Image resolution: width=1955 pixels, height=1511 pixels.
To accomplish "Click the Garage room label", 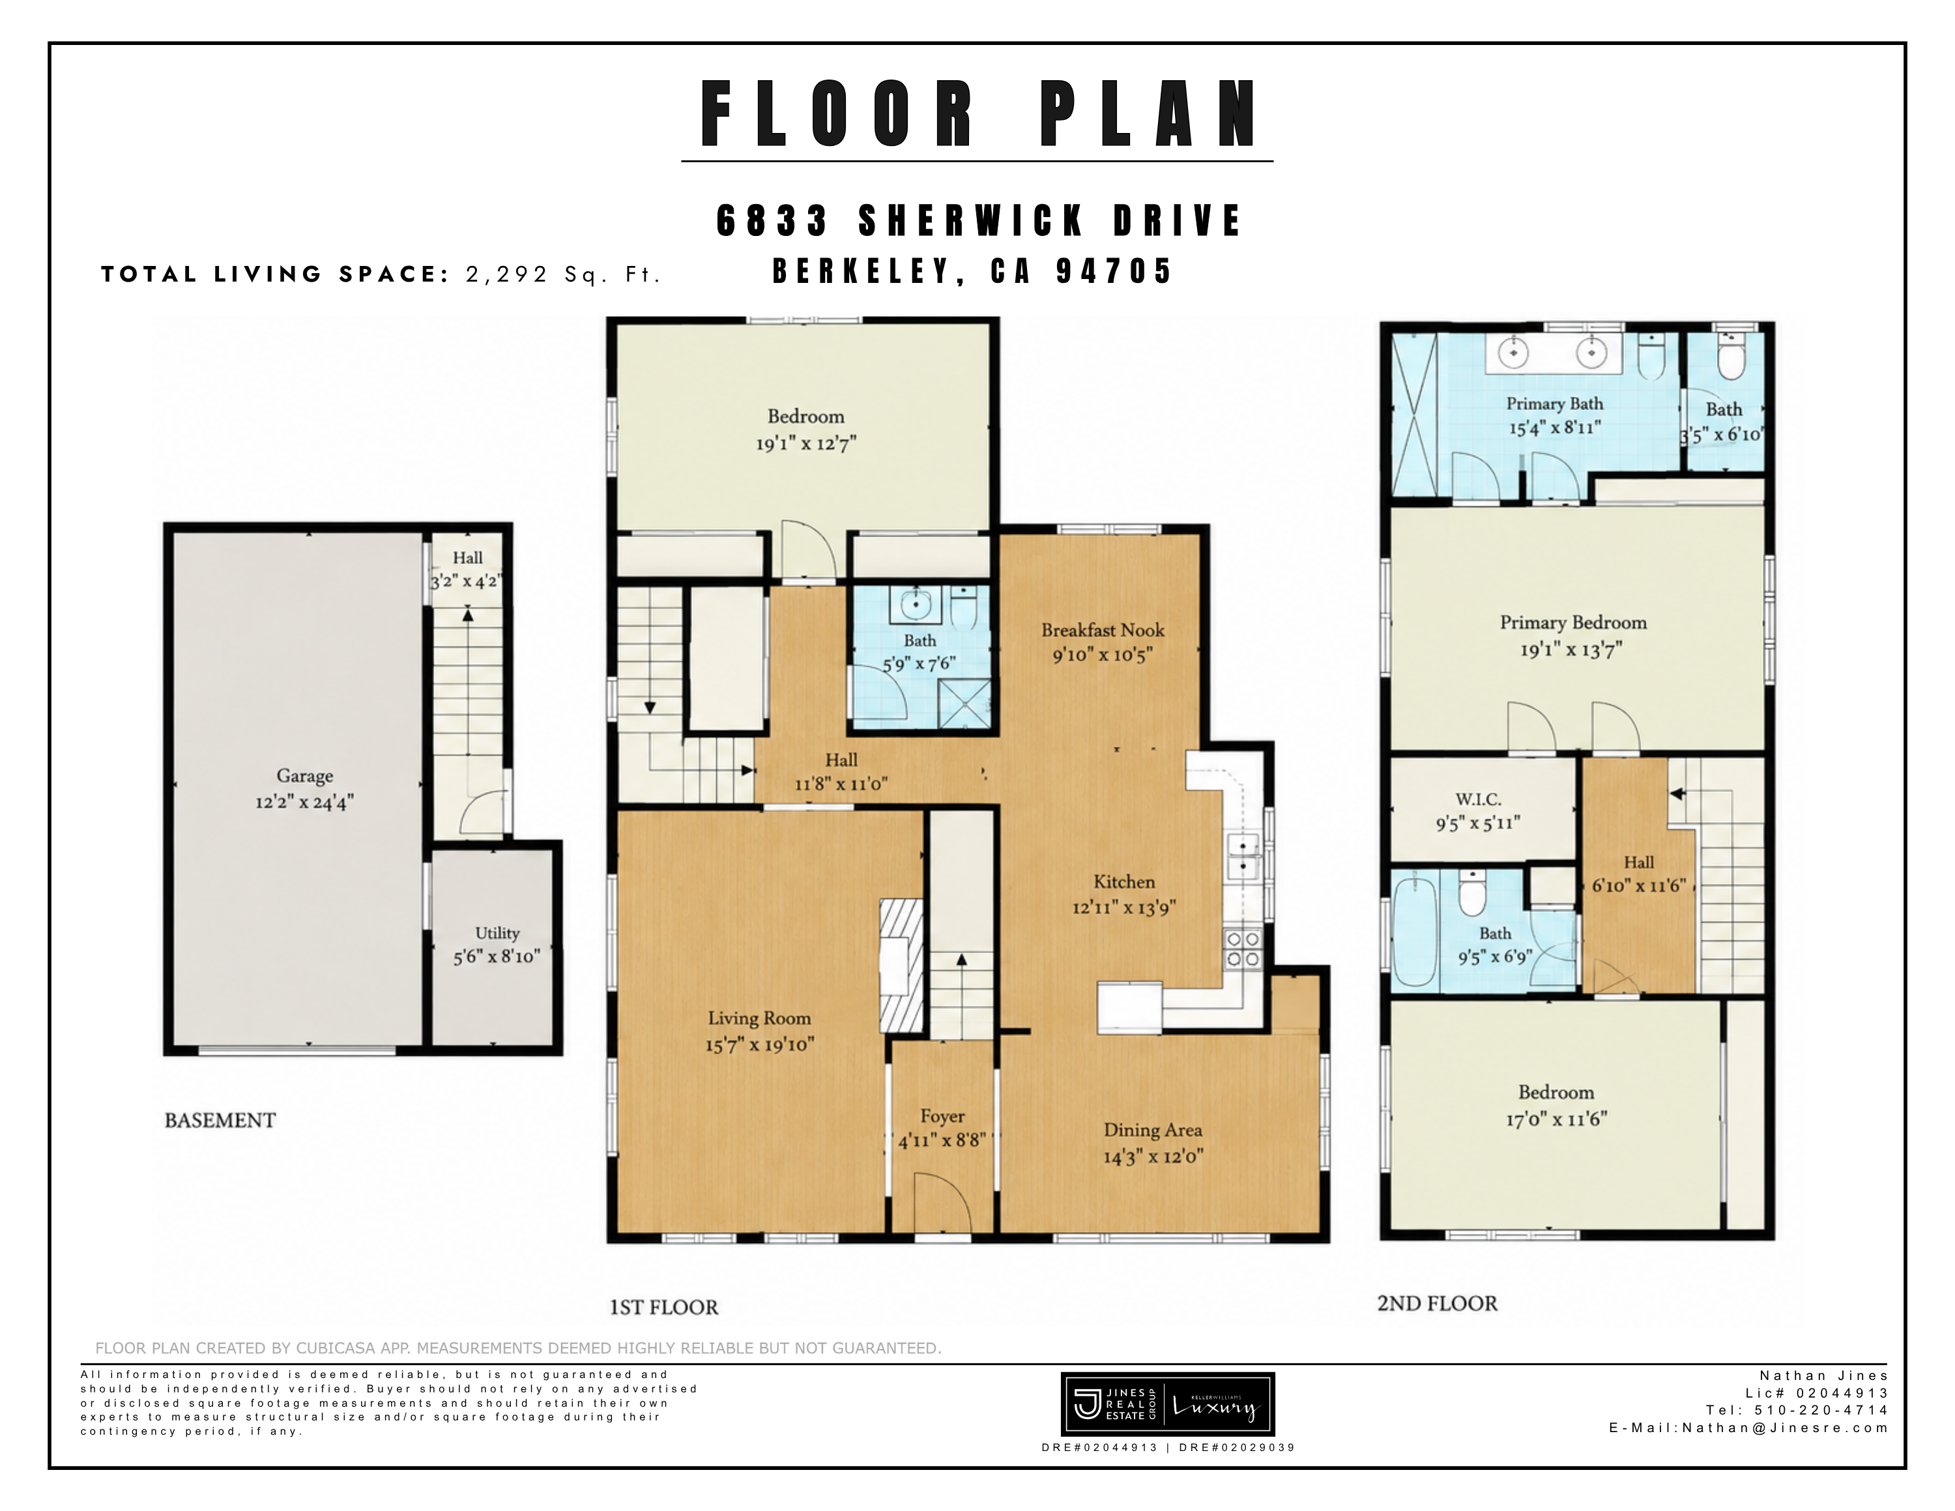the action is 304,776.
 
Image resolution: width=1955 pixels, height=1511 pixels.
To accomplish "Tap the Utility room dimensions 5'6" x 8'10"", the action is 497,957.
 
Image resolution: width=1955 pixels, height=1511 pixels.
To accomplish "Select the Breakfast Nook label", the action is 1103,630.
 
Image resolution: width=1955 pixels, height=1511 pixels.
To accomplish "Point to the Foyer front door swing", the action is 942,1204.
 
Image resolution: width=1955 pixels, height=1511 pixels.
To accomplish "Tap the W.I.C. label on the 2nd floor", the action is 1478,799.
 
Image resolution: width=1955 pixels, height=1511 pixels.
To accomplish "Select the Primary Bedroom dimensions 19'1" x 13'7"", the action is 1571,650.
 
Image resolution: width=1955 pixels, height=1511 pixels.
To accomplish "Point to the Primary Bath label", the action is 1555,403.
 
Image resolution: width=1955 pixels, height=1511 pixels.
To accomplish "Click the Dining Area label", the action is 1153,1130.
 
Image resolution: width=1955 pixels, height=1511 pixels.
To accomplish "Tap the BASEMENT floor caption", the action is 220,1121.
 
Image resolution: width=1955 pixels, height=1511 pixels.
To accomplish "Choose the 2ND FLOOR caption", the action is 1437,1303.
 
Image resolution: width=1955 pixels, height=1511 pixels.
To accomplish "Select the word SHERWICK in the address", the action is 972,221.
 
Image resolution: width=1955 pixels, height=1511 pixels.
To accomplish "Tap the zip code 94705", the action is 1114,271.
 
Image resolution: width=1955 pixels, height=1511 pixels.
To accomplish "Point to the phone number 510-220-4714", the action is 1821,1410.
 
